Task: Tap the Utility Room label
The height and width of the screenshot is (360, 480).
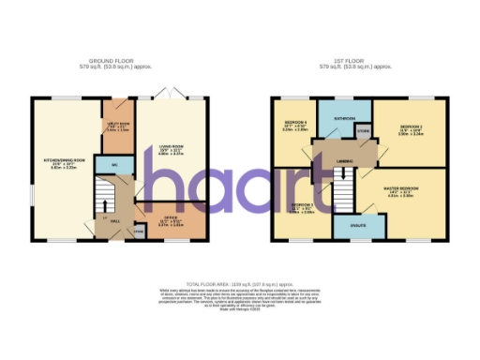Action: [117, 124]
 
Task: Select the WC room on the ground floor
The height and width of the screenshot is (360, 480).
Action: [114, 166]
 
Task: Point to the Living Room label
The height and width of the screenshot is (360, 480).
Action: [169, 146]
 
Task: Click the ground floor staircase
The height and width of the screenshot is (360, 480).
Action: [106, 198]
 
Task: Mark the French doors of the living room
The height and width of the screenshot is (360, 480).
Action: [170, 95]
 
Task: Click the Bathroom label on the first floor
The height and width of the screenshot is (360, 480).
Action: [343, 118]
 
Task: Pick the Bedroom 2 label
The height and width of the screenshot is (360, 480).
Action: [412, 127]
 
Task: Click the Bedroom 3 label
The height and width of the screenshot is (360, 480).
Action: [302, 205]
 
